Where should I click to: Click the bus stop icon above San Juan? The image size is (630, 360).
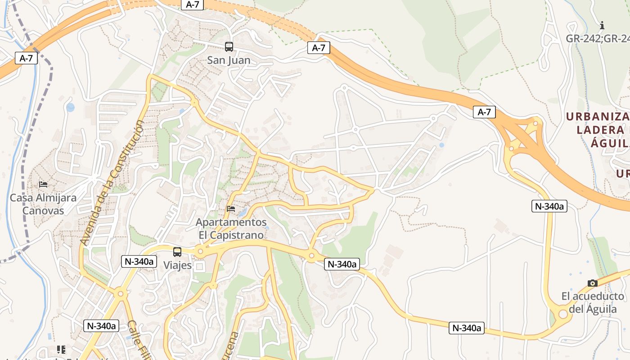[229, 46]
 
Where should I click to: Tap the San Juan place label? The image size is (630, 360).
[229, 60]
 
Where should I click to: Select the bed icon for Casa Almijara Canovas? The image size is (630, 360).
[43, 184]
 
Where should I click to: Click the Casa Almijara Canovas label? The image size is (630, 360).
[43, 204]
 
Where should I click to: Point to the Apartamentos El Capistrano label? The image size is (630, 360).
[231, 229]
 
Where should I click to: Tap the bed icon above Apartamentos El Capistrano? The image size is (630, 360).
[231, 208]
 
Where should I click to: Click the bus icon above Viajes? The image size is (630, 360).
[177, 252]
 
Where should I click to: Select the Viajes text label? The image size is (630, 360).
[177, 265]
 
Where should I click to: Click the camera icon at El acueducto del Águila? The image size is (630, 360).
[593, 283]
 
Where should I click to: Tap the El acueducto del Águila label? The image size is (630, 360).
[593, 302]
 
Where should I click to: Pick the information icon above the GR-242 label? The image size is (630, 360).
[602, 26]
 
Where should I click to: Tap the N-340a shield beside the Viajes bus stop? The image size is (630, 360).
[139, 261]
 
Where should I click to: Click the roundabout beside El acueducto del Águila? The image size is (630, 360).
[562, 314]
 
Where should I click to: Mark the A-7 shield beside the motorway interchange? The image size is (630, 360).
[484, 112]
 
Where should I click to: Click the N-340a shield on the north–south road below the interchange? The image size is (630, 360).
[549, 206]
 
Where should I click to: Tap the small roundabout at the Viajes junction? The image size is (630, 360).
[199, 252]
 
